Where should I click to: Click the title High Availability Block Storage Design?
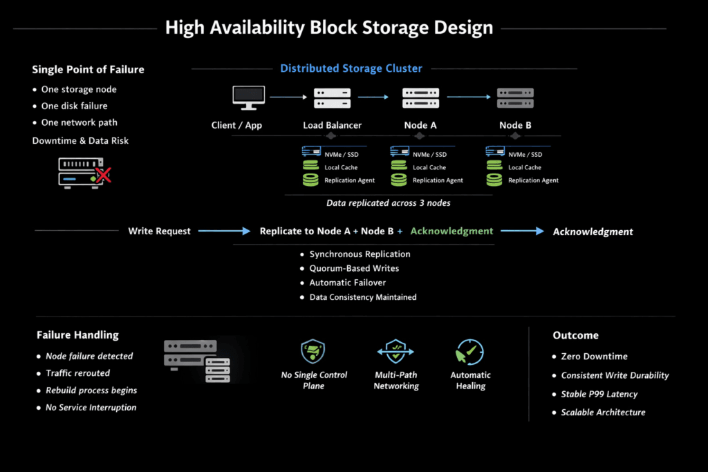329,28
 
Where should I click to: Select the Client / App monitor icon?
248,97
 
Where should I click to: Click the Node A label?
420,125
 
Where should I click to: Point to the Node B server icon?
515,97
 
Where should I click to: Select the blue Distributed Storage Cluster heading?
351,68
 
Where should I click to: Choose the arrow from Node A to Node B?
468,97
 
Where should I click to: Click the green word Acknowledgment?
451,231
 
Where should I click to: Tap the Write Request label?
159,232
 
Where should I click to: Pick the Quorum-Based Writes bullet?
354,268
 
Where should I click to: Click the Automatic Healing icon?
470,352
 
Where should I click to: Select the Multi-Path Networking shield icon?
395,352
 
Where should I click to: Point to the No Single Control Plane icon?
314,352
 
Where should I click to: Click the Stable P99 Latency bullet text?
599,394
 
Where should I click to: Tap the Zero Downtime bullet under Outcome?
594,357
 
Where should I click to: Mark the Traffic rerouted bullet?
77,373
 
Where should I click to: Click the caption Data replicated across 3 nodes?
389,203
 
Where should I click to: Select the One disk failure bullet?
74,106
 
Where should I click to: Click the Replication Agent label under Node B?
533,180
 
